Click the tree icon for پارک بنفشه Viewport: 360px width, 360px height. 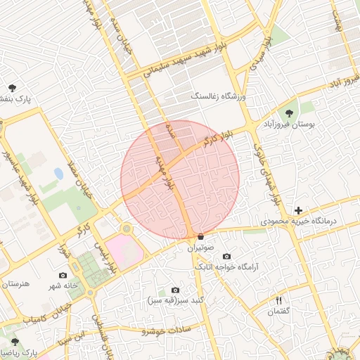(x=12, y=88)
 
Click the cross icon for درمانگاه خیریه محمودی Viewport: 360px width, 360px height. (x=299, y=210)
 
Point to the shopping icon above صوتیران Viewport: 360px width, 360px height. (x=201, y=236)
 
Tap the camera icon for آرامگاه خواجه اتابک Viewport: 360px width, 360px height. (x=226, y=257)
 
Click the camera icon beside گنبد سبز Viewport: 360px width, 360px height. (x=175, y=290)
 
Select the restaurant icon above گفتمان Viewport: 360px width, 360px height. (x=278, y=300)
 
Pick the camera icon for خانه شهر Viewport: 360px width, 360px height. (x=63, y=275)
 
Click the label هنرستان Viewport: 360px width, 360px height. (x=15, y=283)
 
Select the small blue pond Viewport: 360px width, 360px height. (x=58, y=173)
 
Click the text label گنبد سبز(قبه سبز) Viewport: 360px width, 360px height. (x=175, y=300)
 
